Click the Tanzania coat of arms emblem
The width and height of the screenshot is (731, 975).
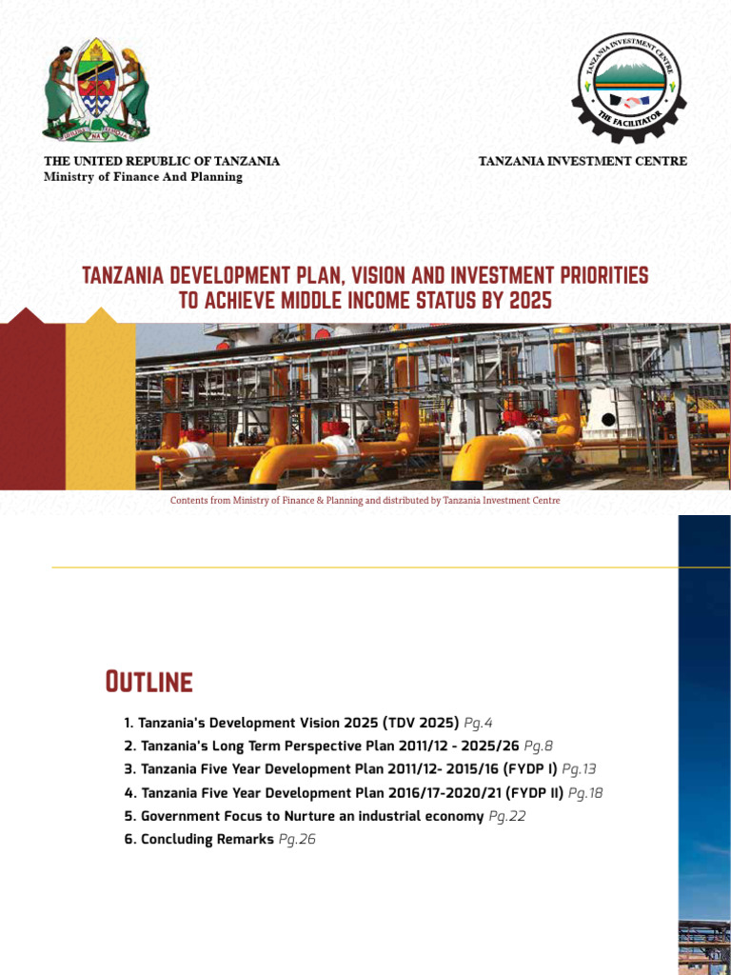coord(96,91)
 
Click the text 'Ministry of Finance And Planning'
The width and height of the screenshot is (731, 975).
coord(143,176)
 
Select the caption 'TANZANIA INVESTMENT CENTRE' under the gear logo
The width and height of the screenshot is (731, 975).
coord(583,161)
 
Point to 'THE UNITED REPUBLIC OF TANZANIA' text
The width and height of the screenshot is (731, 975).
coord(162,161)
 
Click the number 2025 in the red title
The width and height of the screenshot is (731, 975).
coord(529,301)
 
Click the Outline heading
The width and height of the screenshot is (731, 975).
coord(148,682)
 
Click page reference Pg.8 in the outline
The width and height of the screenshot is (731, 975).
coord(538,746)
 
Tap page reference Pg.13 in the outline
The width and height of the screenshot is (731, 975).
coord(579,769)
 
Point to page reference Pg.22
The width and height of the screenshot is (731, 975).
coord(506,816)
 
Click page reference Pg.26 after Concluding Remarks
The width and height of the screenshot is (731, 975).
coord(296,840)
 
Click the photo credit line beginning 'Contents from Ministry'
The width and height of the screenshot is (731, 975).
coord(365,500)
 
